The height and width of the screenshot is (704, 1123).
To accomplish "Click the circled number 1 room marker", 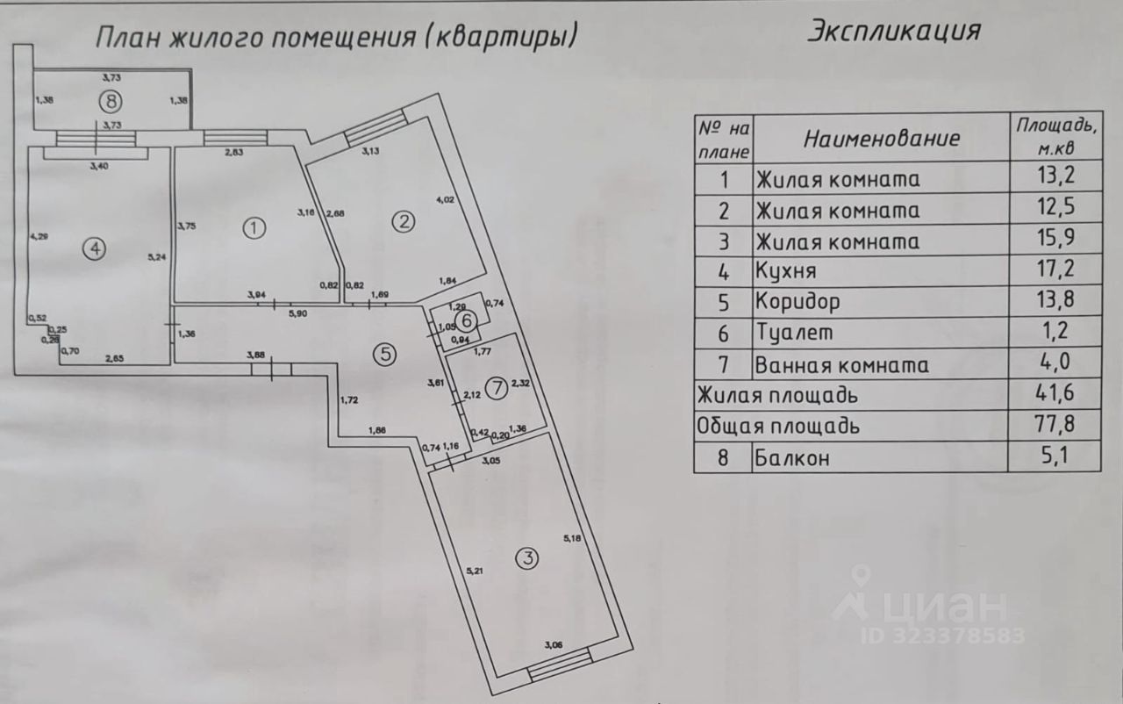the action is pos(254,228).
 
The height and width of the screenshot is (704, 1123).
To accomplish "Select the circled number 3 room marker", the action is pos(526,558).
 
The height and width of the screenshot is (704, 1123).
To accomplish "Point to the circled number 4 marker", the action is pos(94,249).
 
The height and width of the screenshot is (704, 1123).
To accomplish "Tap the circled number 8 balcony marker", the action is pos(110,101).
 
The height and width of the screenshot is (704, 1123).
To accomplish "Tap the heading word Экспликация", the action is pos(892,31).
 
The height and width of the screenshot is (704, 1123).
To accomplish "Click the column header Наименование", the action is pos(881,138).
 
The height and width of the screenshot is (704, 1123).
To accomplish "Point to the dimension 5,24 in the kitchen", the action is pos(156,257).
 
